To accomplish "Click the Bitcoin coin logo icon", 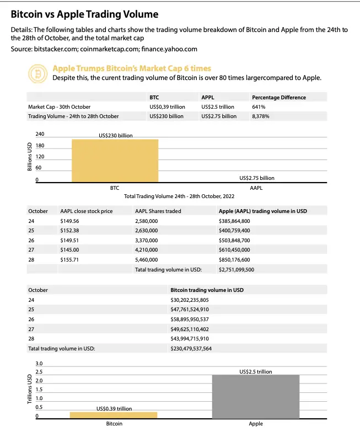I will point(38,73).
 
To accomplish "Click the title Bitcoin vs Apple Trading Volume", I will point(84,13).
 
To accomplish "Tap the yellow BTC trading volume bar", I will point(115,161).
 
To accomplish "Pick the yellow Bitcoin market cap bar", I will point(114,415).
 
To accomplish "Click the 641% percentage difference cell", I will point(259,107).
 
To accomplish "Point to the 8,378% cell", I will point(262,116).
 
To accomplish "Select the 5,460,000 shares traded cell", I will point(147,259).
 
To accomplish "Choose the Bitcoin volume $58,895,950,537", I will point(197,319).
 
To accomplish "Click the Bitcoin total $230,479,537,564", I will point(198,349).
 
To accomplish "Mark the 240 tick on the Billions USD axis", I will point(40,135).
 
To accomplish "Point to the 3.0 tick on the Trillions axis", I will point(39,364).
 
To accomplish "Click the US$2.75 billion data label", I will point(257,178).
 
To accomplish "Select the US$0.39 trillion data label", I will point(114,409).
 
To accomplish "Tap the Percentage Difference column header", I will point(278,97).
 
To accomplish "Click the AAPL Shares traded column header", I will point(158,211).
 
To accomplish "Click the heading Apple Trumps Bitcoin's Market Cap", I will point(132,68).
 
